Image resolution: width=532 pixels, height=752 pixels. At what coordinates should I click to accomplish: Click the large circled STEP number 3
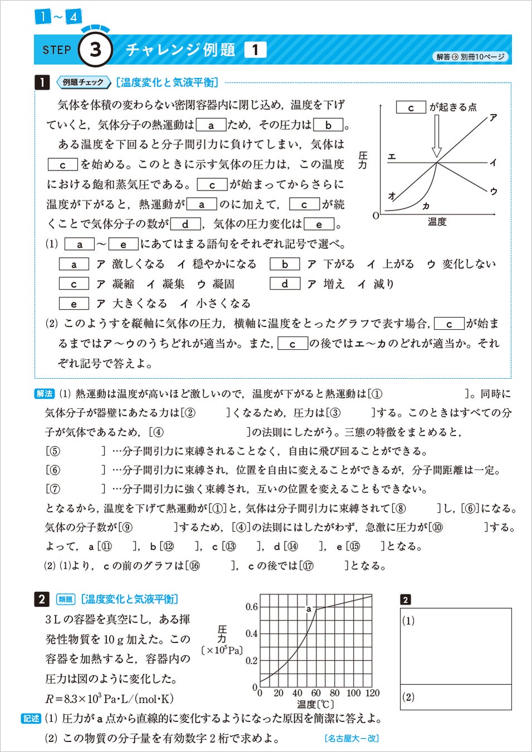[x=95, y=50]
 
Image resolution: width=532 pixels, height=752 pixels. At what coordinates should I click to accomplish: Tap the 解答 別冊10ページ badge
[x=470, y=57]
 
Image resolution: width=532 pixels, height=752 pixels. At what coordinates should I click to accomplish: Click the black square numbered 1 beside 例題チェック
[x=42, y=82]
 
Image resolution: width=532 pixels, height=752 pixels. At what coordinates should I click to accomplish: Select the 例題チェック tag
[x=82, y=82]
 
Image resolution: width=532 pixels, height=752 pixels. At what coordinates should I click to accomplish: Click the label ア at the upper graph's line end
[x=493, y=117]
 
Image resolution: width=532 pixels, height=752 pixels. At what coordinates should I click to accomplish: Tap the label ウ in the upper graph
[x=493, y=191]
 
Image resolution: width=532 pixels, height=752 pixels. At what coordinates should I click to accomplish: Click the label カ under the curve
[x=426, y=206]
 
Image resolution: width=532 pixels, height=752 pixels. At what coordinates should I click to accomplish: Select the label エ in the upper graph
[x=392, y=157]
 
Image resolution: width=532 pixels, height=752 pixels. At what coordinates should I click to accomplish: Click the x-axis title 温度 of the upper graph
[x=437, y=222]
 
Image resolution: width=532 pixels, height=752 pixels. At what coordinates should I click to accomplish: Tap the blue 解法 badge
[x=45, y=394]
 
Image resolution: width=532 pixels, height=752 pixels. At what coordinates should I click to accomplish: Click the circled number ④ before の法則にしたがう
[x=158, y=432]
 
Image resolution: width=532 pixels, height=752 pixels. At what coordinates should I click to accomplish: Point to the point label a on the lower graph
[x=309, y=609]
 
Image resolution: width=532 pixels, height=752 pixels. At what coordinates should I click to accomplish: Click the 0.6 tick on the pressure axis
[x=251, y=607]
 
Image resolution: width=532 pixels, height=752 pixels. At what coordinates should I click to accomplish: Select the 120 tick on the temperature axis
[x=372, y=693]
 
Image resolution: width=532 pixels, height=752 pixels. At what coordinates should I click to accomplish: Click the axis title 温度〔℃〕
[x=315, y=705]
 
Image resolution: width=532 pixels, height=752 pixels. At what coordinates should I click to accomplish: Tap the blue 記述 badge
[x=31, y=719]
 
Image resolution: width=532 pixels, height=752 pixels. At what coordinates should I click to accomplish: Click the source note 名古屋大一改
[x=351, y=739]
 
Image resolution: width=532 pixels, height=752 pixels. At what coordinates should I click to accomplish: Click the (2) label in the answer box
[x=408, y=697]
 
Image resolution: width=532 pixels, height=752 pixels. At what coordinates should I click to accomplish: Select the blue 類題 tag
[x=65, y=599]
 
